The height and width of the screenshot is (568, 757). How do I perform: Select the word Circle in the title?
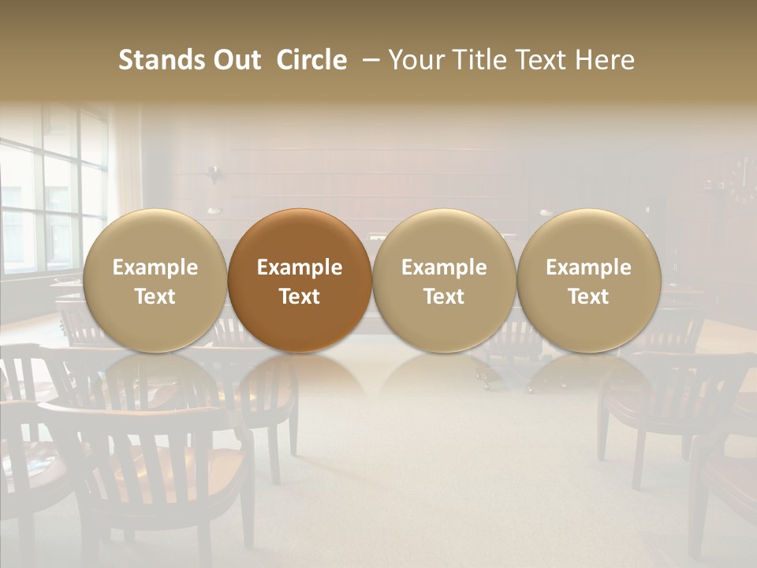tap(311, 60)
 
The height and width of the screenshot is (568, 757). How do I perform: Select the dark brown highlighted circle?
tap(300, 280)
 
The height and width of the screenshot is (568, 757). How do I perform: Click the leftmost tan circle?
tap(155, 280)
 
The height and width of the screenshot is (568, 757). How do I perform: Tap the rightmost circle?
tap(589, 280)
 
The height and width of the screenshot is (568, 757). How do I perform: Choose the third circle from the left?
tap(444, 280)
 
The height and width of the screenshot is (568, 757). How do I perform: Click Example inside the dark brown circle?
tap(300, 267)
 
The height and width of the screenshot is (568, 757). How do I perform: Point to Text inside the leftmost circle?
tap(155, 297)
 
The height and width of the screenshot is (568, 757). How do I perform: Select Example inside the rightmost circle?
tap(589, 267)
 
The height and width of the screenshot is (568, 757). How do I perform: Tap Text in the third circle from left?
tap(444, 297)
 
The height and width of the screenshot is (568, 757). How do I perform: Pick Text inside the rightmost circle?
tap(589, 297)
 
